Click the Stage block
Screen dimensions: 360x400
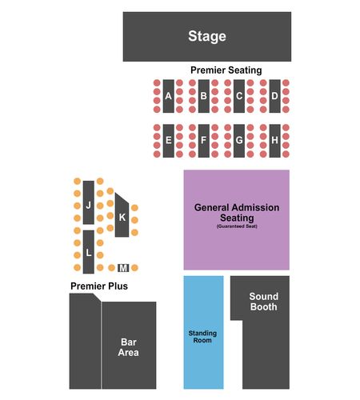point(207,37)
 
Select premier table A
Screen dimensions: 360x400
point(169,96)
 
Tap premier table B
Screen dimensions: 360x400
point(204,96)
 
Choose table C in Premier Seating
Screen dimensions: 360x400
point(239,96)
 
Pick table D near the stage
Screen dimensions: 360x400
point(274,96)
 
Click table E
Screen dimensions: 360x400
point(169,141)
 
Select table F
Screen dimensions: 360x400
point(204,141)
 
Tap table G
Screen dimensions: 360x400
point(239,141)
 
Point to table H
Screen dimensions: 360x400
point(274,141)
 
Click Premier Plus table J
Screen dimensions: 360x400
point(89,202)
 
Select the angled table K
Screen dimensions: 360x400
point(122,216)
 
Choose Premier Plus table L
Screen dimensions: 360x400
point(89,252)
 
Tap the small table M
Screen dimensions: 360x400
point(123,268)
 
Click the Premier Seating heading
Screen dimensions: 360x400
point(226,70)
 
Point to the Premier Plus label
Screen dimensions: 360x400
point(99,286)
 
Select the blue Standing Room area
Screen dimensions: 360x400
point(203,332)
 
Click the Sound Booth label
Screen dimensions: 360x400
point(263,302)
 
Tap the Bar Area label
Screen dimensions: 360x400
point(129,347)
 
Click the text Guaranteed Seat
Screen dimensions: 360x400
point(237,226)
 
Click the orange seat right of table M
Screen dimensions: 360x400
point(134,267)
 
